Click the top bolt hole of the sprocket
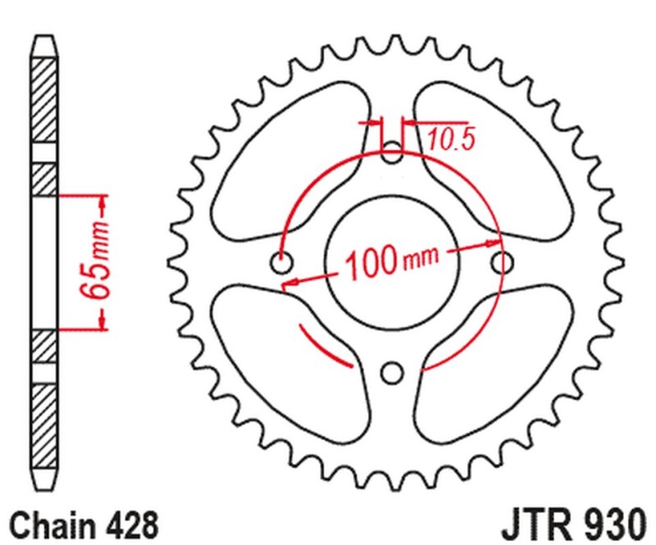[393, 152]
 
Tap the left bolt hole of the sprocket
[281, 264]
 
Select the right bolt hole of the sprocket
[503, 262]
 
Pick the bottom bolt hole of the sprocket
[393, 374]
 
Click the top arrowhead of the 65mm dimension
[102, 202]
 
